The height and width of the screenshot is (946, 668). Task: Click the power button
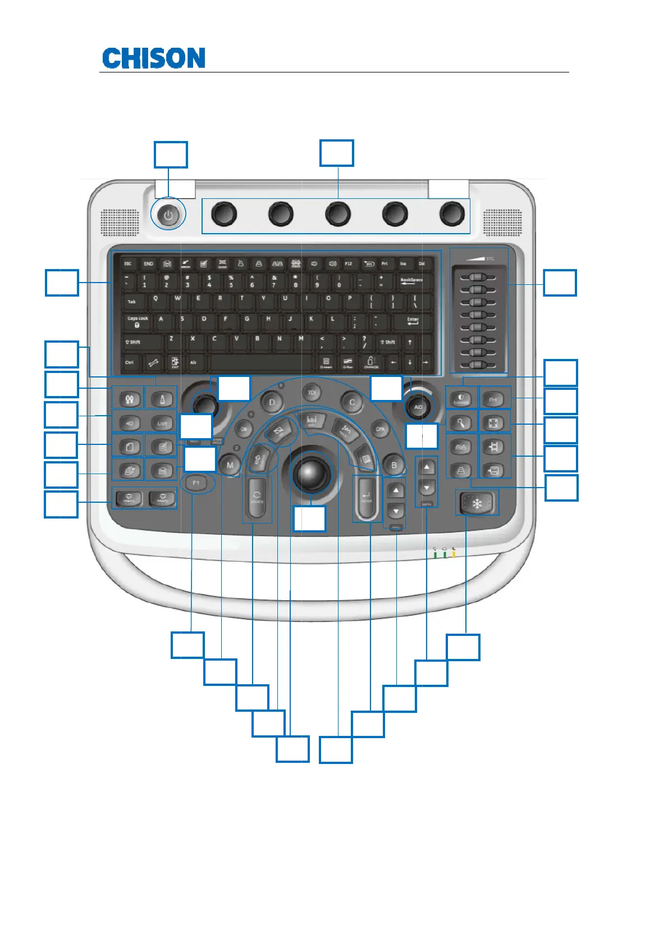click(x=168, y=215)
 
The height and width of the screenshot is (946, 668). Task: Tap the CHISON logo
click(x=153, y=58)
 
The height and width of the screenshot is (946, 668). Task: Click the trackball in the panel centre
click(x=310, y=473)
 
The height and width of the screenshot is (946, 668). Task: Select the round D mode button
click(x=272, y=402)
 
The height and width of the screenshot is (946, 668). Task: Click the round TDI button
click(x=312, y=392)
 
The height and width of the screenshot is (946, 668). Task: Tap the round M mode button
click(x=230, y=465)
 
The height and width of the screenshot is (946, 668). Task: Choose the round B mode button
click(x=394, y=465)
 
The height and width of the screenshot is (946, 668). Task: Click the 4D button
click(x=130, y=423)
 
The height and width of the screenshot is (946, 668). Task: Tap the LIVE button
click(x=162, y=423)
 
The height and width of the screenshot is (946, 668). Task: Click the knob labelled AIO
click(x=418, y=407)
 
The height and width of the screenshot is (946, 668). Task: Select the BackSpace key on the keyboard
click(x=411, y=280)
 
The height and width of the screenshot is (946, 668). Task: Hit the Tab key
click(x=132, y=302)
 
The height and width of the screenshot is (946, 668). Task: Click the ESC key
click(x=128, y=263)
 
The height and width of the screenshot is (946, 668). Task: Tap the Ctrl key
click(x=129, y=362)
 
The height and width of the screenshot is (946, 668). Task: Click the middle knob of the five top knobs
click(x=337, y=214)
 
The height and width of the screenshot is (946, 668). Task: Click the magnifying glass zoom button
click(x=460, y=422)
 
